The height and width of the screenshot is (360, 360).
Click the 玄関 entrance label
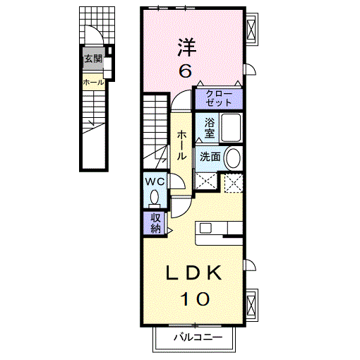(93, 59)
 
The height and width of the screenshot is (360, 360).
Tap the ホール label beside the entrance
(93, 83)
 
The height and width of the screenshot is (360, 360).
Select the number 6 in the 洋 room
(185, 71)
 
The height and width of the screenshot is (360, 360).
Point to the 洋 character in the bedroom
(187, 47)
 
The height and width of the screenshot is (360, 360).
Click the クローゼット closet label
(219, 98)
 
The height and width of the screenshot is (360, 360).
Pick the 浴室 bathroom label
(209, 128)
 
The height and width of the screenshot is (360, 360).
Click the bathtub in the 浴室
(231, 128)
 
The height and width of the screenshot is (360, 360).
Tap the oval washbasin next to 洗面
(233, 157)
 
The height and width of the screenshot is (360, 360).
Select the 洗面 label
(210, 157)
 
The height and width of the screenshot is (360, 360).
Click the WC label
(155, 181)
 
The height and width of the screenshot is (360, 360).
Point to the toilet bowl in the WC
(155, 197)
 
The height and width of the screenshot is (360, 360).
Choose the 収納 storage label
(155, 223)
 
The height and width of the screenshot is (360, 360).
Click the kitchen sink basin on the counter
(205, 228)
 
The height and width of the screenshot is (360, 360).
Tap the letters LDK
(193, 272)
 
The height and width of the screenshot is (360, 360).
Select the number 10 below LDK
(195, 299)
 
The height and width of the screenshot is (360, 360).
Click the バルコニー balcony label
(198, 337)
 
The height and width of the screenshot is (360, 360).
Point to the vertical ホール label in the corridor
(181, 145)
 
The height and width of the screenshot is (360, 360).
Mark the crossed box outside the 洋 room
(251, 29)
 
